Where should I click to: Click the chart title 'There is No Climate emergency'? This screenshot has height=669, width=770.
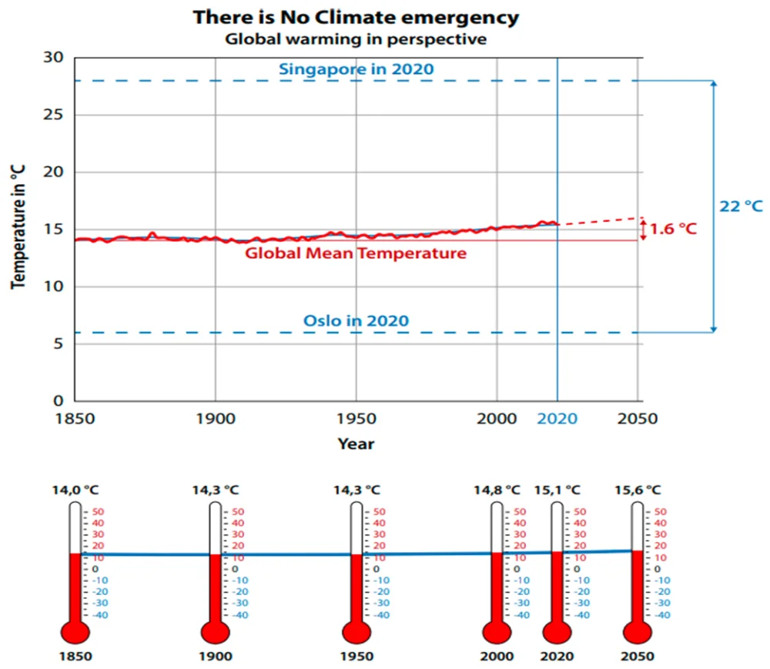355,16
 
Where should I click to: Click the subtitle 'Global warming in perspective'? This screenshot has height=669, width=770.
355,39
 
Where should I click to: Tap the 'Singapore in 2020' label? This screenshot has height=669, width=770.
356,69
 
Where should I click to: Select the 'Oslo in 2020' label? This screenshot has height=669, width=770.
356,320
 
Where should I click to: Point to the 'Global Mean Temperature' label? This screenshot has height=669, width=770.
356,253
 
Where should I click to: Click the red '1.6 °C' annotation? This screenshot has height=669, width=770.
674,229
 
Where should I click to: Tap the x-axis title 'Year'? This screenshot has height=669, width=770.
356,443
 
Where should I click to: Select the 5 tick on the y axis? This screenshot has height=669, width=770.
59,344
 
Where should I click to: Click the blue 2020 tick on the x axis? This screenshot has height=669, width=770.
557,419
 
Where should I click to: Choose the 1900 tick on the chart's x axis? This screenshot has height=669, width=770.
215,419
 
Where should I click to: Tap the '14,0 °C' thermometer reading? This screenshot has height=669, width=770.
75,490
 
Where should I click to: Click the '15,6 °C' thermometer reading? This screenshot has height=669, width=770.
638,490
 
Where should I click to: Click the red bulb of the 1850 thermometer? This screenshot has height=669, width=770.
75,632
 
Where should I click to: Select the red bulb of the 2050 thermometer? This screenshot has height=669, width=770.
638,632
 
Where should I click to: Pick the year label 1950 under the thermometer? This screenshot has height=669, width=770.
356,657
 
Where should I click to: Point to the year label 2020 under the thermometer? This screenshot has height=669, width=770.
557,657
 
